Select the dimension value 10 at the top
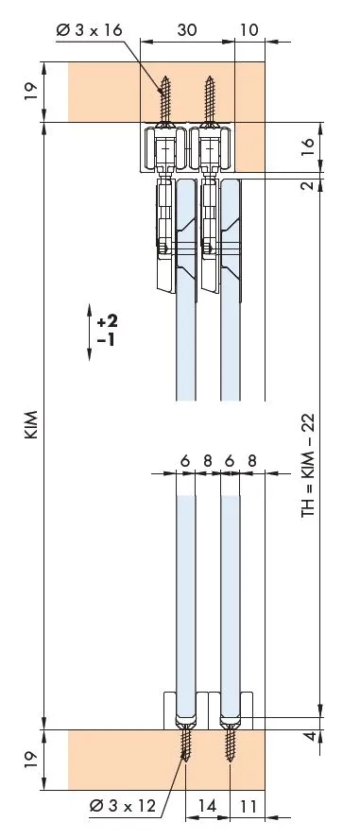tap(249, 29)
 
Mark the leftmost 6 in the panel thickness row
tap(185, 461)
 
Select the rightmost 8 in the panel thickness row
tap(250, 461)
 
